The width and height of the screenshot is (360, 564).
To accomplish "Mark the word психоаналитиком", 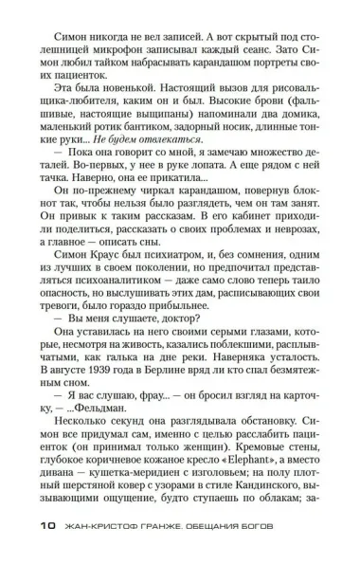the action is [113, 299].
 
